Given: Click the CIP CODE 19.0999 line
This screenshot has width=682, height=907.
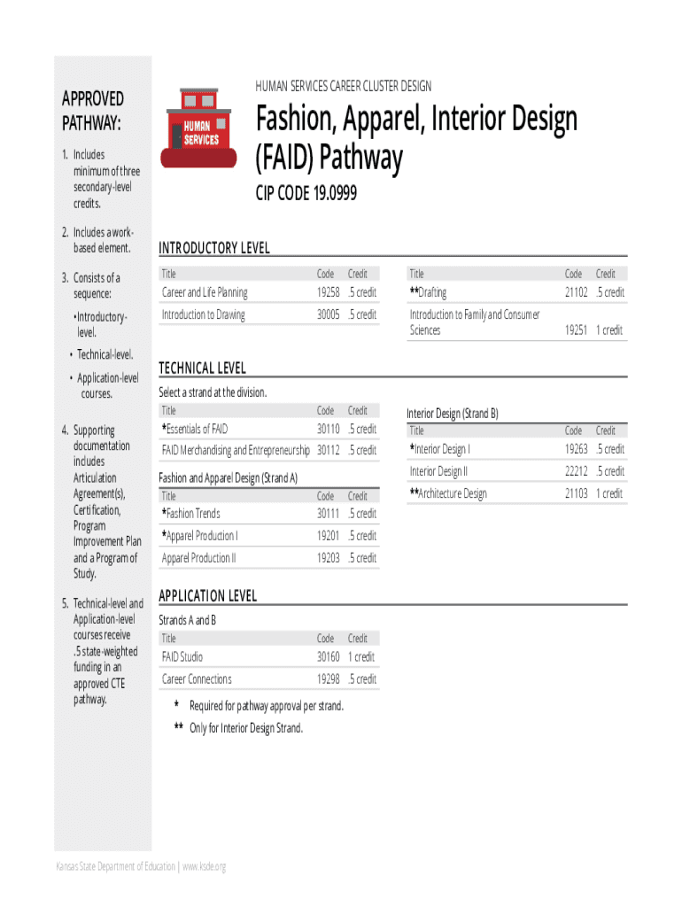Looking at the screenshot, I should click(306, 192).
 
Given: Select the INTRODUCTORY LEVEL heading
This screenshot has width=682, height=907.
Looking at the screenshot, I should click(213, 248).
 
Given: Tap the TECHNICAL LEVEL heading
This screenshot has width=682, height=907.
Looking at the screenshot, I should click(202, 368).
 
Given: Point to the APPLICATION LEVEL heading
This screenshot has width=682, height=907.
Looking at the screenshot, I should click(207, 596).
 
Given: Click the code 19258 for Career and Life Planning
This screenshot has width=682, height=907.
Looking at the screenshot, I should click(328, 292).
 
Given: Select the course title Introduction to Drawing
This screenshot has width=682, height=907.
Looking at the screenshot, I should click(203, 314).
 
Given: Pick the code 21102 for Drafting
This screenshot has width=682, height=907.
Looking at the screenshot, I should click(576, 292).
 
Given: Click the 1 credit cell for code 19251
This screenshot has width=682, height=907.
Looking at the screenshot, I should click(609, 330).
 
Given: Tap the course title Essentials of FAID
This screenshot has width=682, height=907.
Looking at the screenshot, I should click(197, 429).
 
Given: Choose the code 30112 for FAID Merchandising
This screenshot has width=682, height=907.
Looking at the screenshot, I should click(328, 450).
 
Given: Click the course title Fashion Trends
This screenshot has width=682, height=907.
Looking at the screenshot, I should click(193, 514).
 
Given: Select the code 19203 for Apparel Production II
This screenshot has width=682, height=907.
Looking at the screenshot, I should click(328, 558).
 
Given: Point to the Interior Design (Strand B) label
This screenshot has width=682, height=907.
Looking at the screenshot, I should click(452, 413).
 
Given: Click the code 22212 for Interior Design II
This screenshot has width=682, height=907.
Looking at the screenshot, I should click(576, 471).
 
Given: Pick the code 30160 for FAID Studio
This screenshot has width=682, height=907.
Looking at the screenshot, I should click(328, 657).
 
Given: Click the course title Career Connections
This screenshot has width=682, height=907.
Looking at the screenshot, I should click(197, 679).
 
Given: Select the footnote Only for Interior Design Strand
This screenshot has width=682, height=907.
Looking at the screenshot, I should click(245, 728).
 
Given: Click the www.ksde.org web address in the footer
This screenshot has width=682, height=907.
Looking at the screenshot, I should click(204, 866).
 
